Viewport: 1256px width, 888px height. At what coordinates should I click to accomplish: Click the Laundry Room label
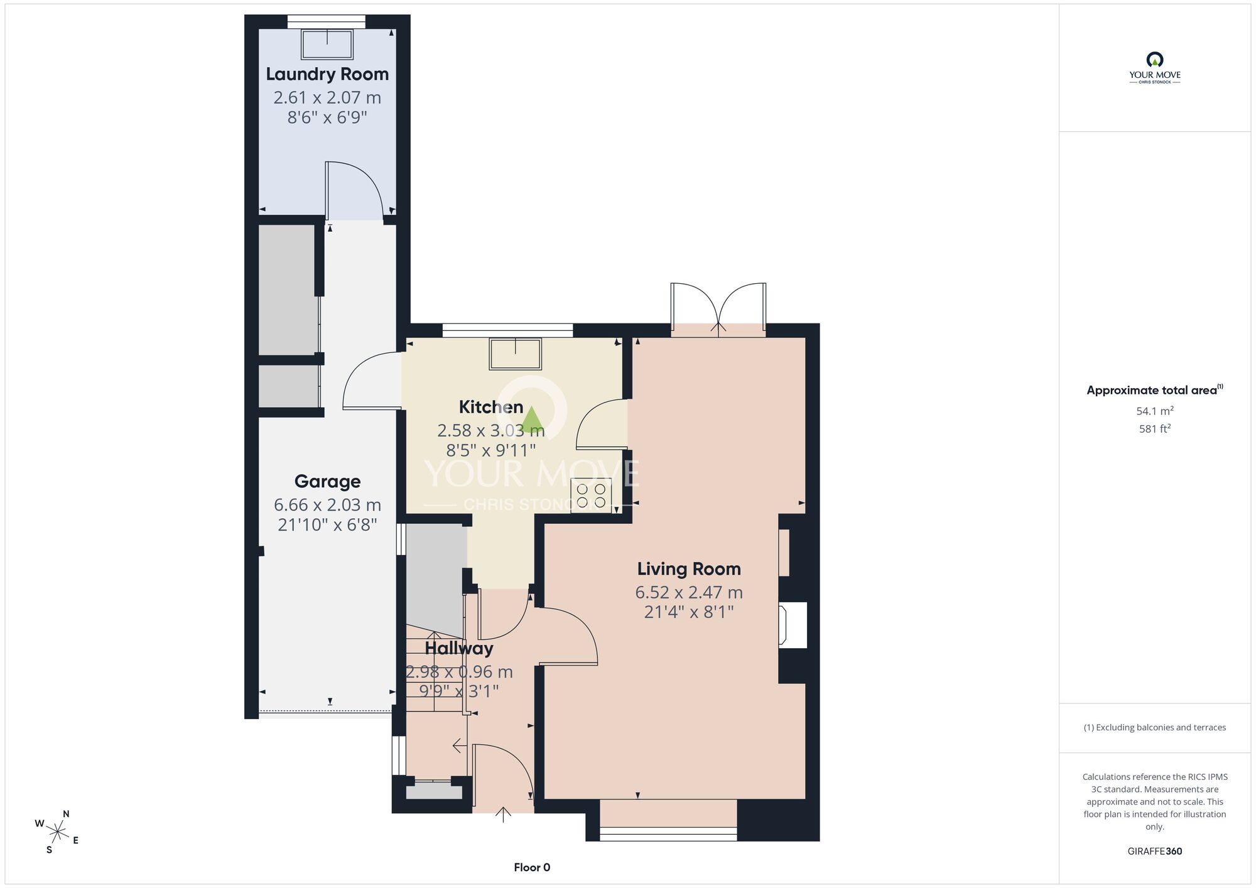pyautogui.click(x=327, y=74)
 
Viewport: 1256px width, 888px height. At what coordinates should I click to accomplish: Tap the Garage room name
pyautogui.click(x=327, y=482)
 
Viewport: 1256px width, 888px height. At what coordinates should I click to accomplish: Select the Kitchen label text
pyautogui.click(x=491, y=407)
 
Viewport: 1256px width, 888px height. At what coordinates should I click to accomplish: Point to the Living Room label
pyautogui.click(x=689, y=569)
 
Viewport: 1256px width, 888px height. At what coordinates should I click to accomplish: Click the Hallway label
pyautogui.click(x=459, y=648)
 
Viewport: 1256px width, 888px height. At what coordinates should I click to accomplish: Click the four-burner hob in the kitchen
pyautogui.click(x=591, y=495)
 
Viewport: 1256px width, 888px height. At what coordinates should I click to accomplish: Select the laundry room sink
pyautogui.click(x=327, y=45)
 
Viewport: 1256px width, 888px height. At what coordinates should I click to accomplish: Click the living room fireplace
pyautogui.click(x=793, y=625)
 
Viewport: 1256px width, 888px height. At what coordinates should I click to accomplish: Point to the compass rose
pyautogui.click(x=57, y=833)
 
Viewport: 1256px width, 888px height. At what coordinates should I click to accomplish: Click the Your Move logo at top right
pyautogui.click(x=1154, y=68)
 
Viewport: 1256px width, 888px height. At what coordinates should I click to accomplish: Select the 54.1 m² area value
pyautogui.click(x=1154, y=411)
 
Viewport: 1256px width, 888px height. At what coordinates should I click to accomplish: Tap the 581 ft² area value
pyautogui.click(x=1154, y=429)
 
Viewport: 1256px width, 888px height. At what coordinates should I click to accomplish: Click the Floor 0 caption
pyautogui.click(x=532, y=867)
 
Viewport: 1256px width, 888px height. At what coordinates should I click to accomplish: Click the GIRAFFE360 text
pyautogui.click(x=1154, y=852)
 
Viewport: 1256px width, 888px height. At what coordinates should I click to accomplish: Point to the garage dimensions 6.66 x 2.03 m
pyautogui.click(x=327, y=505)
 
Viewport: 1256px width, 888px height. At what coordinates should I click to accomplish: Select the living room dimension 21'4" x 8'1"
pyautogui.click(x=689, y=612)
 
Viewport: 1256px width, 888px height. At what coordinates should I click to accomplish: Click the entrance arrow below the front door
pyautogui.click(x=503, y=815)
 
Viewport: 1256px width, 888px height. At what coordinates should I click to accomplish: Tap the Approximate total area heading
pyautogui.click(x=1154, y=390)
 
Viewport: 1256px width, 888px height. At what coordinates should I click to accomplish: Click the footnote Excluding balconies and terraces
pyautogui.click(x=1154, y=727)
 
